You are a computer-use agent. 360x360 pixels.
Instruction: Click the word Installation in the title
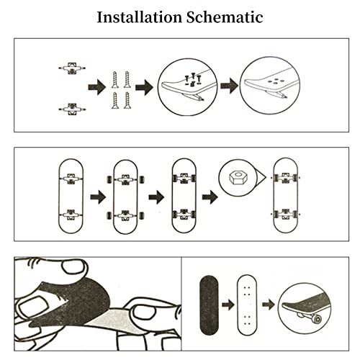pyautogui.click(x=140, y=17)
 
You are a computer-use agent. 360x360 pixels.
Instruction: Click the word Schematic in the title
pyautogui.click(x=225, y=17)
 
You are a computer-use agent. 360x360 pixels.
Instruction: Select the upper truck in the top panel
pyautogui.click(x=72, y=68)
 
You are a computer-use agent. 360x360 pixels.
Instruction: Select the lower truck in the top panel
pyautogui.click(x=72, y=109)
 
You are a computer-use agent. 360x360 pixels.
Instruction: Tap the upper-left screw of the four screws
pyautogui.click(x=115, y=80)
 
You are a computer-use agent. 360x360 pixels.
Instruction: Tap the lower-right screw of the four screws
pyautogui.click(x=127, y=100)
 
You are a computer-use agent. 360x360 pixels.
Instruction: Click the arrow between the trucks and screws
pyautogui.click(x=97, y=87)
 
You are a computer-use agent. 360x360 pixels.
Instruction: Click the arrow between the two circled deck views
pyautogui.click(x=229, y=86)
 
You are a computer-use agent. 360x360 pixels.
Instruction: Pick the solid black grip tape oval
pyautogui.click(x=210, y=305)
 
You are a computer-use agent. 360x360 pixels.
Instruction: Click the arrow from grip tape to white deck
pyautogui.click(x=228, y=305)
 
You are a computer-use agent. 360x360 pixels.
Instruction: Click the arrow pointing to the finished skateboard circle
pyautogui.click(x=269, y=305)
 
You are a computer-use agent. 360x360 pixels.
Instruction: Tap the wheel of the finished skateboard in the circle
pyautogui.click(x=316, y=319)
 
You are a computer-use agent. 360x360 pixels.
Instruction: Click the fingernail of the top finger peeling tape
pyautogui.click(x=73, y=267)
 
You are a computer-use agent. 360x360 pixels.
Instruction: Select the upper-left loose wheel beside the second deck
pyautogui.click(x=109, y=180)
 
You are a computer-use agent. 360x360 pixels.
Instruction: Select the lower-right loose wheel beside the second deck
pyautogui.click(x=142, y=215)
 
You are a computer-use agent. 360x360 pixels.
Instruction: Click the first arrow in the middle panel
pyautogui.click(x=98, y=197)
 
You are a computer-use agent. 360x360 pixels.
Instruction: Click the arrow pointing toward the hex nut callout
pyautogui.click(x=210, y=197)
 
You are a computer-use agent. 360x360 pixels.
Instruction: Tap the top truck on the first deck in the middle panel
pyautogui.click(x=71, y=179)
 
